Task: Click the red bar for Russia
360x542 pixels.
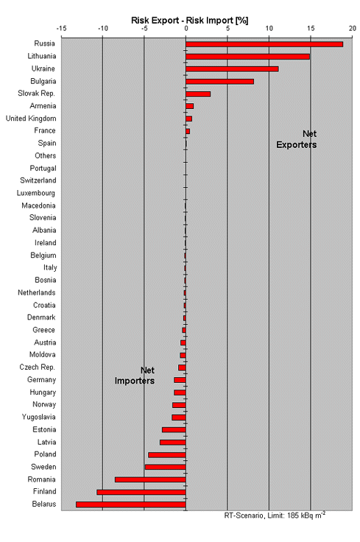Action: pyautogui.click(x=264, y=44)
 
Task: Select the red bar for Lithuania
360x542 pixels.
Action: pyautogui.click(x=247, y=57)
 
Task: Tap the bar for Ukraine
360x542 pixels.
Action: pyautogui.click(x=232, y=69)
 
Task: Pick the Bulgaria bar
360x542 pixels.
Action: pyautogui.click(x=219, y=82)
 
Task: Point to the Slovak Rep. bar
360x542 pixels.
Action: pyautogui.click(x=198, y=94)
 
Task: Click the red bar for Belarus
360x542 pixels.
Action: pyautogui.click(x=131, y=504)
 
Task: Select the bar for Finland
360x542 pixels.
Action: pyautogui.click(x=141, y=492)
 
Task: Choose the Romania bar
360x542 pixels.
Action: pyautogui.click(x=150, y=480)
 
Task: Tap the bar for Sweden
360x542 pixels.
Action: pyautogui.click(x=166, y=468)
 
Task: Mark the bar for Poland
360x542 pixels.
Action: pyautogui.click(x=167, y=455)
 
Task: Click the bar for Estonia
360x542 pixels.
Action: pyautogui.click(x=174, y=429)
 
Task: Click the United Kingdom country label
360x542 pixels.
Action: pyautogui.click(x=31, y=119)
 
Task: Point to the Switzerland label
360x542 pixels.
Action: pyautogui.click(x=38, y=180)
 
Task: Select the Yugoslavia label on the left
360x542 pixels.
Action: pyautogui.click(x=39, y=418)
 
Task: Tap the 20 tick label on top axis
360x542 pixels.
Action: pyautogui.click(x=352, y=28)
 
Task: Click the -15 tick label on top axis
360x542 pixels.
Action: pyautogui.click(x=61, y=28)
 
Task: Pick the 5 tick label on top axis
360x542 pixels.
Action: pyautogui.click(x=227, y=28)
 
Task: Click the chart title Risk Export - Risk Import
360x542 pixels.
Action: pyautogui.click(x=190, y=21)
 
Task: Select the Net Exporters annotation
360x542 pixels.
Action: pyautogui.click(x=297, y=139)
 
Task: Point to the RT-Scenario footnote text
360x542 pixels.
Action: pyautogui.click(x=275, y=515)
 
